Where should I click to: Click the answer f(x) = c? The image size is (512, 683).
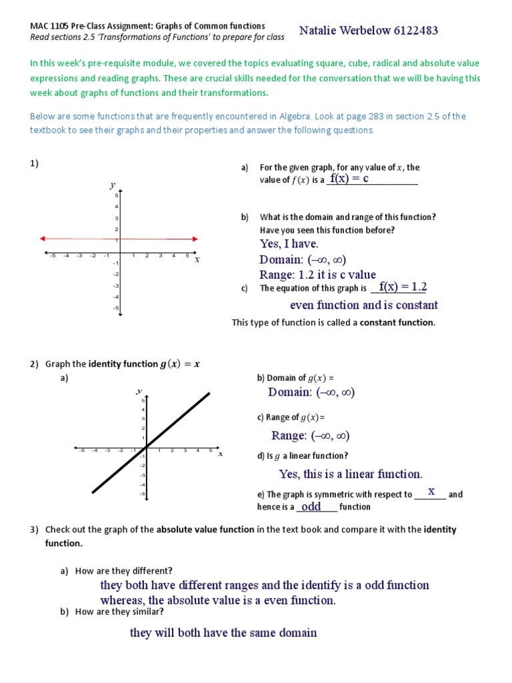point(349,179)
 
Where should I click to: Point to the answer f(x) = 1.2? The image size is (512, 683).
point(403,287)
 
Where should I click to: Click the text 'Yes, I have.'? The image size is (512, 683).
point(289,244)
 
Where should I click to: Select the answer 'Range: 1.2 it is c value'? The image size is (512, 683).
point(317,274)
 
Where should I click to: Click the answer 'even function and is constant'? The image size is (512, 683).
point(364,305)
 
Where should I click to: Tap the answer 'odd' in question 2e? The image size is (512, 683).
point(311,506)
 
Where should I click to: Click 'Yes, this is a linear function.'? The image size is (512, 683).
point(351,474)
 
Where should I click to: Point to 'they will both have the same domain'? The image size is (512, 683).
point(223,632)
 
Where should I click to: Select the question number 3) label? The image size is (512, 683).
point(35,530)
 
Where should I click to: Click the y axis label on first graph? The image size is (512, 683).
point(113,185)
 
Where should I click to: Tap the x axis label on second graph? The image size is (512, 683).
point(220,454)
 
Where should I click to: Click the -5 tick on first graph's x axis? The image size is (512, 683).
point(51,255)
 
